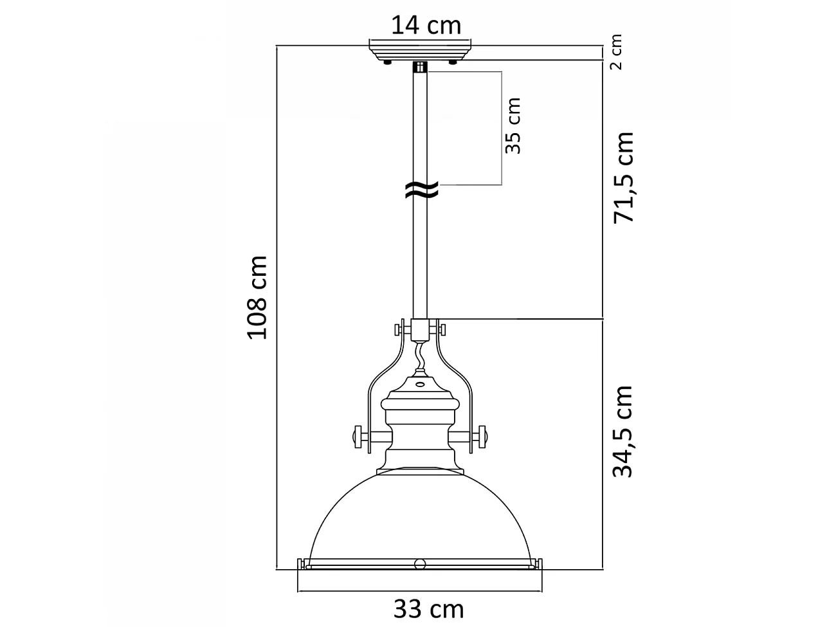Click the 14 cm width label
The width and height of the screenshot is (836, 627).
pyautogui.click(x=426, y=25)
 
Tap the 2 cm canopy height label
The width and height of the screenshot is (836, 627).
pyautogui.click(x=616, y=52)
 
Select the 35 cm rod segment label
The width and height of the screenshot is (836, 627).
pyautogui.click(x=513, y=125)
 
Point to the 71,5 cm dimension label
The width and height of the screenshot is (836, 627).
pyautogui.click(x=623, y=177)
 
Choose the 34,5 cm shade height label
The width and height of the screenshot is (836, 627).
pyautogui.click(x=623, y=432)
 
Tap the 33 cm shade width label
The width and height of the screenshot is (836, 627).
pyautogui.click(x=428, y=608)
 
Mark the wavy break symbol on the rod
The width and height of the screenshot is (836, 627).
pyautogui.click(x=421, y=189)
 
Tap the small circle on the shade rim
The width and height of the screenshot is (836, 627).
pyautogui.click(x=420, y=564)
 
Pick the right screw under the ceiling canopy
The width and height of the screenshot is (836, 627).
pyautogui.click(x=454, y=62)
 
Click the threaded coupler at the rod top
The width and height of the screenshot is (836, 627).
pyautogui.click(x=421, y=67)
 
